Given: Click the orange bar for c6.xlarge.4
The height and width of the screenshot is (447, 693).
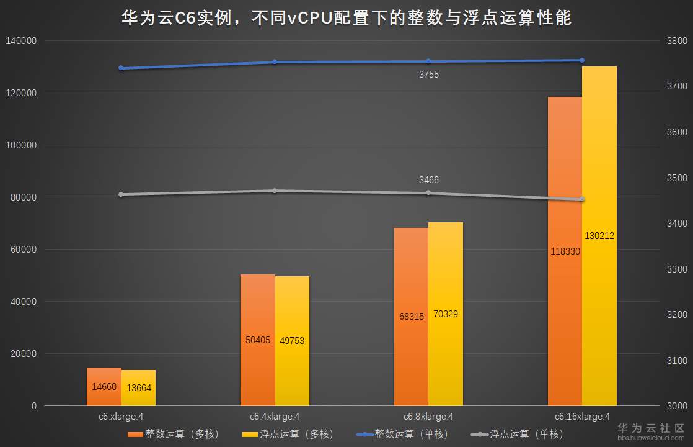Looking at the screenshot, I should (104, 386).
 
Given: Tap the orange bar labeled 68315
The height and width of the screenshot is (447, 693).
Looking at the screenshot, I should (412, 317).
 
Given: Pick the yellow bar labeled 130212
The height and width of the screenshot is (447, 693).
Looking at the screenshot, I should (599, 236).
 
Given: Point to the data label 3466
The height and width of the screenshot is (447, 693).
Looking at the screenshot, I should (429, 180).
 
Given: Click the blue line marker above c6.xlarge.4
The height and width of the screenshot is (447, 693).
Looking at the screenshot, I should (121, 68).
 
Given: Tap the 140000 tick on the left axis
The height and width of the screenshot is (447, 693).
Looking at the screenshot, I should (22, 41).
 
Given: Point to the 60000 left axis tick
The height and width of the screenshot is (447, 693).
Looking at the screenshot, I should (24, 250).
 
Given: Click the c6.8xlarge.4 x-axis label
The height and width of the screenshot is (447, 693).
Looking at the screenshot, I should (428, 417).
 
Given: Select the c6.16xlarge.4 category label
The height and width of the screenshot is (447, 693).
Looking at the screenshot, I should (582, 417).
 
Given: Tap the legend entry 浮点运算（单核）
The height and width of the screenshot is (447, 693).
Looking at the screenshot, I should (518, 434).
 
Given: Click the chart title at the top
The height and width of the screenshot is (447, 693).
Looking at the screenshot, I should (346, 18).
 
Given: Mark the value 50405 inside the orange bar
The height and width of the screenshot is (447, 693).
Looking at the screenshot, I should (258, 340).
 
